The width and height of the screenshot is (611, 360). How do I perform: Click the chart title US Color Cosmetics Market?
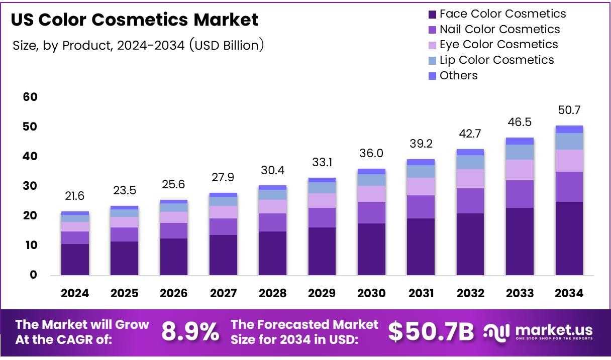134,20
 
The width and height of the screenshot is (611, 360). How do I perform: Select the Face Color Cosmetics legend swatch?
432,14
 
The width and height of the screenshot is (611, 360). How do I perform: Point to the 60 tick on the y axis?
30,97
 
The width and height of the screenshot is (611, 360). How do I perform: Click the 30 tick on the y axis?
30,186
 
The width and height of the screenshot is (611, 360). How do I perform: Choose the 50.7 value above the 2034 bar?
569,110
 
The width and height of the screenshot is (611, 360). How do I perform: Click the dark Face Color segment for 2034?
569,238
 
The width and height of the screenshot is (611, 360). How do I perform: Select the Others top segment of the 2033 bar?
520,141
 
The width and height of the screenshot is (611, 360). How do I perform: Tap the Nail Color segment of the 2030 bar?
371,212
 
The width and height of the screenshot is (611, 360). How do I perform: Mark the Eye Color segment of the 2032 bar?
470,179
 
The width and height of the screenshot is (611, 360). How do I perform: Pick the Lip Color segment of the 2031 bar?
421,171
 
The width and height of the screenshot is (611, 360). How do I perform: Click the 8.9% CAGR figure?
190,332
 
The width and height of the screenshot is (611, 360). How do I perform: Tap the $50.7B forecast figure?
431,332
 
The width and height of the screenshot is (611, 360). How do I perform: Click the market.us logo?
538,332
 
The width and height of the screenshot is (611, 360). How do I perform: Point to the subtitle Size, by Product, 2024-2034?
138,45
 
